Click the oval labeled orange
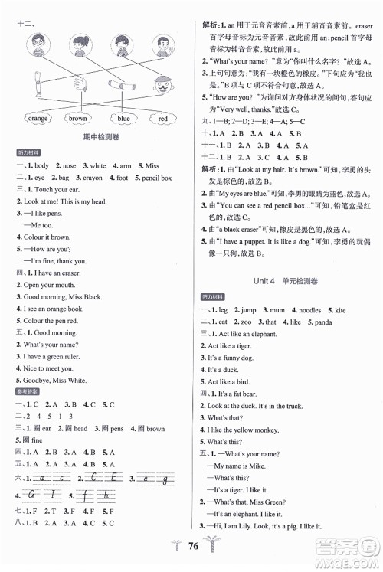(x=38, y=119)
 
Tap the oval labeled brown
(x=77, y=119)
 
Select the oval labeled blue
(x=123, y=119)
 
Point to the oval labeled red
(x=163, y=119)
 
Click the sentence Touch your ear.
(x=56, y=189)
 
